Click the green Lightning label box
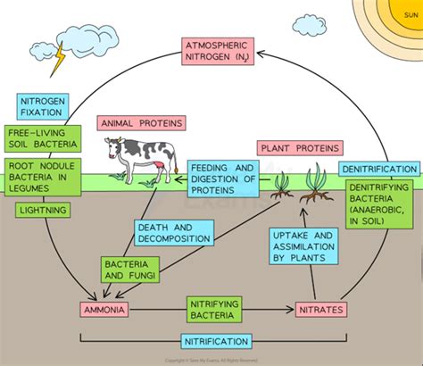39,211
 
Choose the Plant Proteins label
291,148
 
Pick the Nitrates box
318,310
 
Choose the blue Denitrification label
378,169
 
